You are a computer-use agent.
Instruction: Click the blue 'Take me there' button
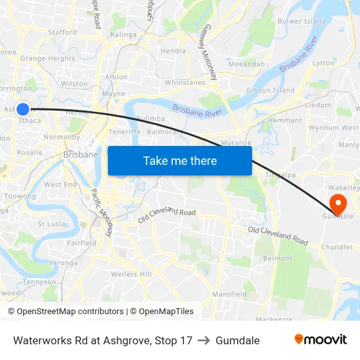(x=180, y=160)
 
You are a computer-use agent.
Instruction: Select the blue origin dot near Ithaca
(x=23, y=109)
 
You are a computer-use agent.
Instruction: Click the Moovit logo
(x=320, y=340)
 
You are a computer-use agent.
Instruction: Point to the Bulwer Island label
(x=302, y=22)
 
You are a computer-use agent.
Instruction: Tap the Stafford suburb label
(x=62, y=32)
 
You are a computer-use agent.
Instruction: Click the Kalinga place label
(x=124, y=35)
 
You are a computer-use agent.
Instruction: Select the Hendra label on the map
(x=173, y=50)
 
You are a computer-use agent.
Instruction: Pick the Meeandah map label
(x=247, y=64)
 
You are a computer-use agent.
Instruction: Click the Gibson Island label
(x=270, y=90)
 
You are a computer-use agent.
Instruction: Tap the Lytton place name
(x=323, y=63)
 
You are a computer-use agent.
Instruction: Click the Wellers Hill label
(x=131, y=274)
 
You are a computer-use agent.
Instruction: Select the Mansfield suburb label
(x=229, y=295)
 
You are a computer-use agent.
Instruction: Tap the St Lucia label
(x=51, y=224)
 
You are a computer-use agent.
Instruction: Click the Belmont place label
(x=278, y=259)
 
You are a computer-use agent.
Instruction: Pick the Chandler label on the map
(x=337, y=247)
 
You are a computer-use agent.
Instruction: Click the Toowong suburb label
(x=20, y=196)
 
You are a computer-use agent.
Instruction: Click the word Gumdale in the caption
(x=238, y=340)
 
